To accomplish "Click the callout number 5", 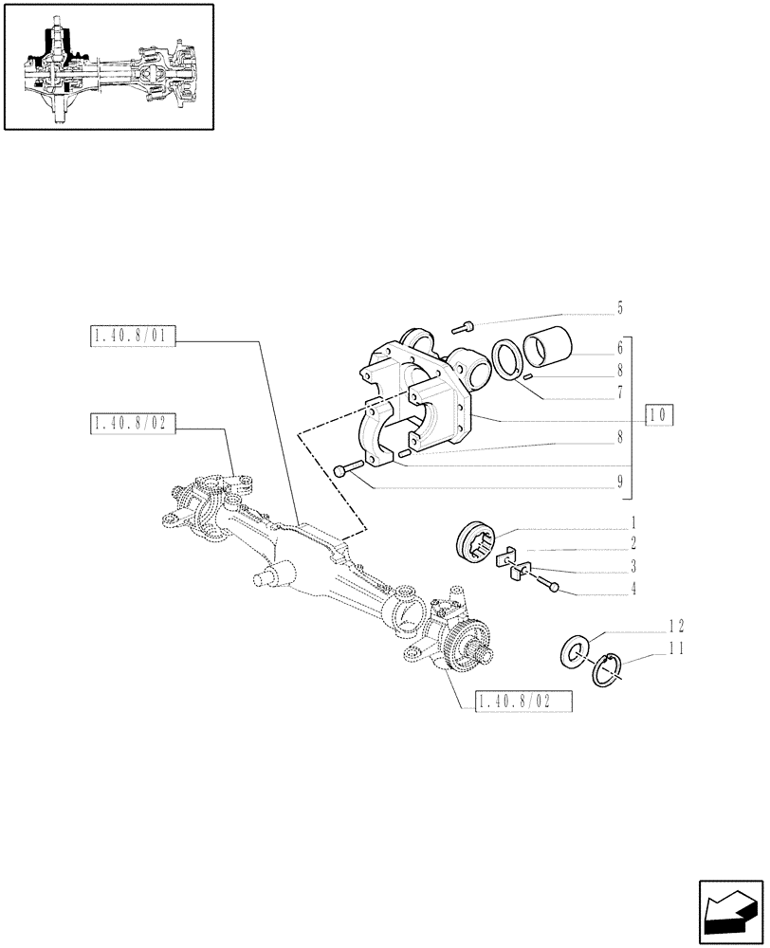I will (x=619, y=307).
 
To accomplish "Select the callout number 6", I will (x=619, y=348).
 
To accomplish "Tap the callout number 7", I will (x=619, y=391).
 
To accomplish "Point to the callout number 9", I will (x=619, y=481).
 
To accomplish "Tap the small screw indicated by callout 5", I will (x=462, y=328).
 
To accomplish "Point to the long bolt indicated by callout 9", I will (x=350, y=469).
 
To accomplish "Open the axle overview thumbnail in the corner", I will (x=108, y=66).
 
